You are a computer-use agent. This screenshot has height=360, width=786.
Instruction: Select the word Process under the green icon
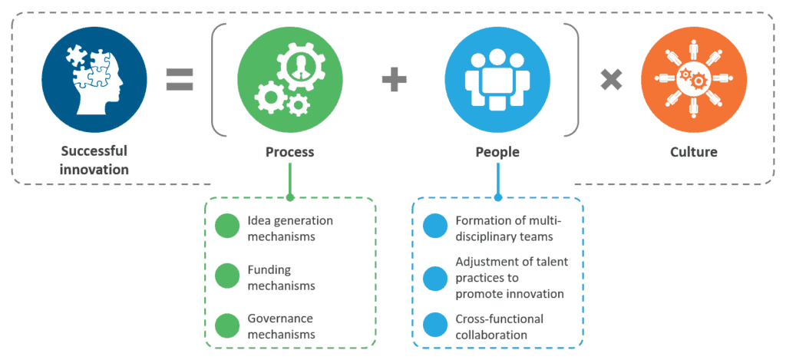coord(290,152)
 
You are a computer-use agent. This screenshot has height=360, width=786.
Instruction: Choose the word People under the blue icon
coord(497,152)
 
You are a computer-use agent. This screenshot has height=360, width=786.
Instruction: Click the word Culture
coord(692,152)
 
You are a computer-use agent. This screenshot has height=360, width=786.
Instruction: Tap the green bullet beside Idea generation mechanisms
coord(227,228)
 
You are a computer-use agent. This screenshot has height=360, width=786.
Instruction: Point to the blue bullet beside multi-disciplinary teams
coord(435,228)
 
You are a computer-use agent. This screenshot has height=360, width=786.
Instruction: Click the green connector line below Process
coord(290,181)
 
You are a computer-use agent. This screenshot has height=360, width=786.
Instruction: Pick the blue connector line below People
coord(497,181)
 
